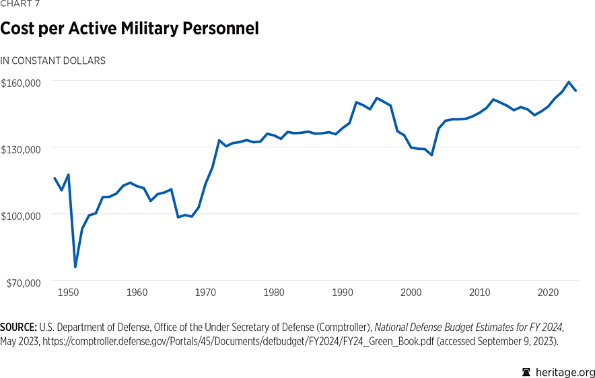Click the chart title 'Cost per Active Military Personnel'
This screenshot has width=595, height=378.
(130, 29)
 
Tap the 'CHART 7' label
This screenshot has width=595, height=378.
(20, 3)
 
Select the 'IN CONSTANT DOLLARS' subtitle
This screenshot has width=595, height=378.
(53, 61)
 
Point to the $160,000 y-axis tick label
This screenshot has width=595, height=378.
(22, 83)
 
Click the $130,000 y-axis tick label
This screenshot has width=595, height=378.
(22, 149)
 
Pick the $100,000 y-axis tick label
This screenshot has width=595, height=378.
(22, 215)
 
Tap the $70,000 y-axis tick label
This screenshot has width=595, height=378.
(24, 282)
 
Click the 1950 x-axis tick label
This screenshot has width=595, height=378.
(68, 293)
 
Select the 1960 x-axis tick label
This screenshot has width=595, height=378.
(137, 293)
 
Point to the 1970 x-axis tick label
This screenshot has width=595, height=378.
(205, 293)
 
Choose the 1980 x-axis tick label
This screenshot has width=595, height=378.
(274, 293)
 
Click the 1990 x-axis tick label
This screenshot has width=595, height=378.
(343, 293)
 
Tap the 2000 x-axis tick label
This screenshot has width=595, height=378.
(411, 293)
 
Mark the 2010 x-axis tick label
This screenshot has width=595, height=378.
(480, 293)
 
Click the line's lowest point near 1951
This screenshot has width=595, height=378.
(75, 267)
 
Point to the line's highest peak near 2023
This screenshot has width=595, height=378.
(569, 82)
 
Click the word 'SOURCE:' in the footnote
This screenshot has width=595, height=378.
(17, 326)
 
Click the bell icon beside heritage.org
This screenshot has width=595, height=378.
(527, 372)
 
